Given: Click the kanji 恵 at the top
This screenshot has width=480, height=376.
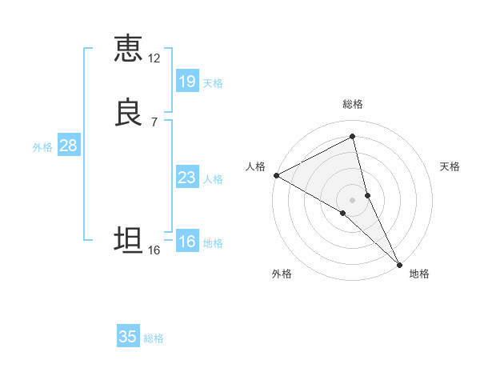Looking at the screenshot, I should click(128, 49).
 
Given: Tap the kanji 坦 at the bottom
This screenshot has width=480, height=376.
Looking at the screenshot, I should click(128, 240).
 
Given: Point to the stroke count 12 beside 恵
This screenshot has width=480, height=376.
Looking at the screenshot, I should click(154, 58).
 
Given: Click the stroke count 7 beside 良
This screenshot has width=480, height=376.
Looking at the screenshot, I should click(154, 122).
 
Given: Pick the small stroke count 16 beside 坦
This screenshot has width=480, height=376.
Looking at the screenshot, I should click(154, 250).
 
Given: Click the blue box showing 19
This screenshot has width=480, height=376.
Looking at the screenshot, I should click(186, 81).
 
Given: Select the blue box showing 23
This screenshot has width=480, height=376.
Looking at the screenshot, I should click(186, 177).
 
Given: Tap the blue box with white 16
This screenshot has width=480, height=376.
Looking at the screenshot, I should click(186, 242).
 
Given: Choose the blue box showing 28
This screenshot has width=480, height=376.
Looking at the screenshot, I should click(68, 146).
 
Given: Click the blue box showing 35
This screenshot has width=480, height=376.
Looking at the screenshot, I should click(127, 337).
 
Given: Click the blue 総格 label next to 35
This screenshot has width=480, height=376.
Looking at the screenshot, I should click(154, 338).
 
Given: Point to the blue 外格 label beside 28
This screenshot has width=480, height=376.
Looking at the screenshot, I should click(42, 147).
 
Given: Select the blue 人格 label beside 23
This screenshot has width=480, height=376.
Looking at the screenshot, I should click(214, 178).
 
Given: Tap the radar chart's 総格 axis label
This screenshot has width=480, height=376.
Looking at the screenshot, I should click(353, 104).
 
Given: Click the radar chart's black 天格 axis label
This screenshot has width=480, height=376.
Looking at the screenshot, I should click(450, 166).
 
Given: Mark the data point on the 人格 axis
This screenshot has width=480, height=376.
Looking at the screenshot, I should click(276, 175).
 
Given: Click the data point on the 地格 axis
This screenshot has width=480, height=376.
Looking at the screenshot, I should click(398, 263).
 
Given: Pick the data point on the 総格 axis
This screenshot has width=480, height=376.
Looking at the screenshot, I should click(353, 138).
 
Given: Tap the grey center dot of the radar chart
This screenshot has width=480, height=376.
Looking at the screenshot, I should click(353, 198).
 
